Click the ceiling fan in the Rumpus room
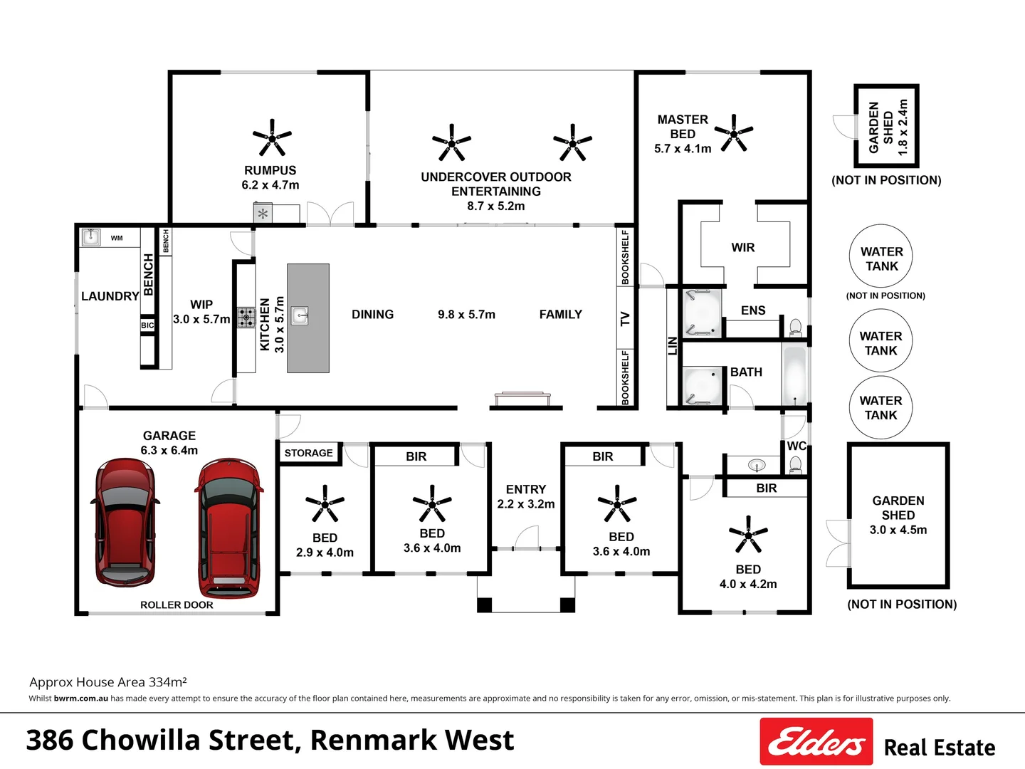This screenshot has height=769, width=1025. click(272, 137)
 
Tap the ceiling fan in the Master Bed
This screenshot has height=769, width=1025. click(733, 132)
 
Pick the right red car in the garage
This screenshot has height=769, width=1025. click(228, 527)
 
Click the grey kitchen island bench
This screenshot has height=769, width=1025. click(308, 318)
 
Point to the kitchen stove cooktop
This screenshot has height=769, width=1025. click(246, 318)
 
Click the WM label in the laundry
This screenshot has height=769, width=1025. click(117, 238)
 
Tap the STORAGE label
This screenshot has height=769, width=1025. click(308, 453)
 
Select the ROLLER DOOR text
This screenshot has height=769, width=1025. click(177, 605)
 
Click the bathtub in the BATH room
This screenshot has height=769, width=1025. click(794, 375)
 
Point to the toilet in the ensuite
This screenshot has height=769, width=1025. click(795, 328)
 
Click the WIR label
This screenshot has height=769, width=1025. click(742, 247)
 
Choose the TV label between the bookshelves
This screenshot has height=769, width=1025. click(625, 319)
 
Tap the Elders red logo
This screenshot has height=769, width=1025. click(816, 742)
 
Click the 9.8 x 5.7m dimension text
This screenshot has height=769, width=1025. click(466, 314)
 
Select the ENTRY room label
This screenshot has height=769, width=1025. click(525, 489)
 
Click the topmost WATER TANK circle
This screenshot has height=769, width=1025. click(881, 256)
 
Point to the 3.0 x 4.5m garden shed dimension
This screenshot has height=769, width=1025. click(898, 530)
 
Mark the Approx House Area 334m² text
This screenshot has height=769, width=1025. click(108, 682)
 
